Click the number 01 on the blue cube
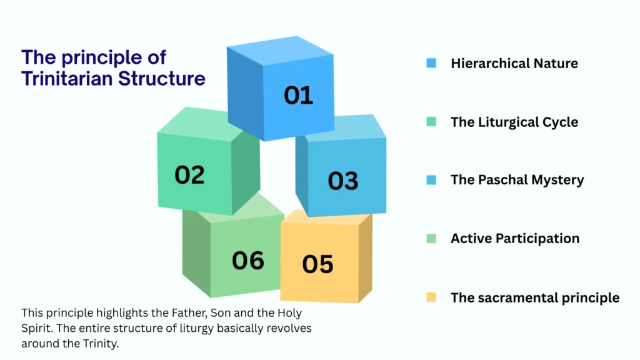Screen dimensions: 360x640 coord(298,95)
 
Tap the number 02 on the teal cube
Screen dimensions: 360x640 coord(189,174)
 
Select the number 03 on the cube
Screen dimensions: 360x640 coord(343,181)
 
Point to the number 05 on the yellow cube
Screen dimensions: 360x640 coord(317,264)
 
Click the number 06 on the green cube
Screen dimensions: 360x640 coord(248,260)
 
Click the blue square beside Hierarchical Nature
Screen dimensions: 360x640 coord(431,63)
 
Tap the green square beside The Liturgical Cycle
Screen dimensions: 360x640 coord(431,122)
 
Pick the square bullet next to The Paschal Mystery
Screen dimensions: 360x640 coord(431,180)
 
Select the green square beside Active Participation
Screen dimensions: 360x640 coord(431,239)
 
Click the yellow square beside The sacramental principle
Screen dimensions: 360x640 coord(431,297)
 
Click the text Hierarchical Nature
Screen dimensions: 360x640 coord(514,63)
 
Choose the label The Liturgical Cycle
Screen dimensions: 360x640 coord(514,122)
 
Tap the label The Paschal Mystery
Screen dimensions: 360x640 coord(517,180)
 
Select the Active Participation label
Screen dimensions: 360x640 coord(514,239)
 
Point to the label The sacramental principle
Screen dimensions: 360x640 coord(534,297)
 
